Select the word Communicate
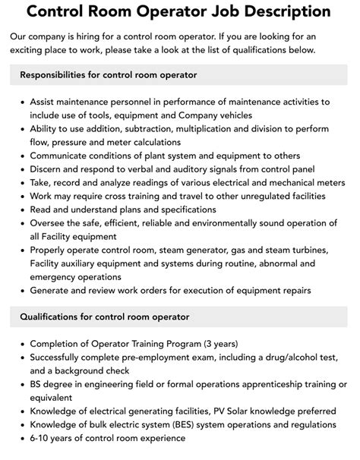click(x=63, y=156)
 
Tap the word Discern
click(x=49, y=169)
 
